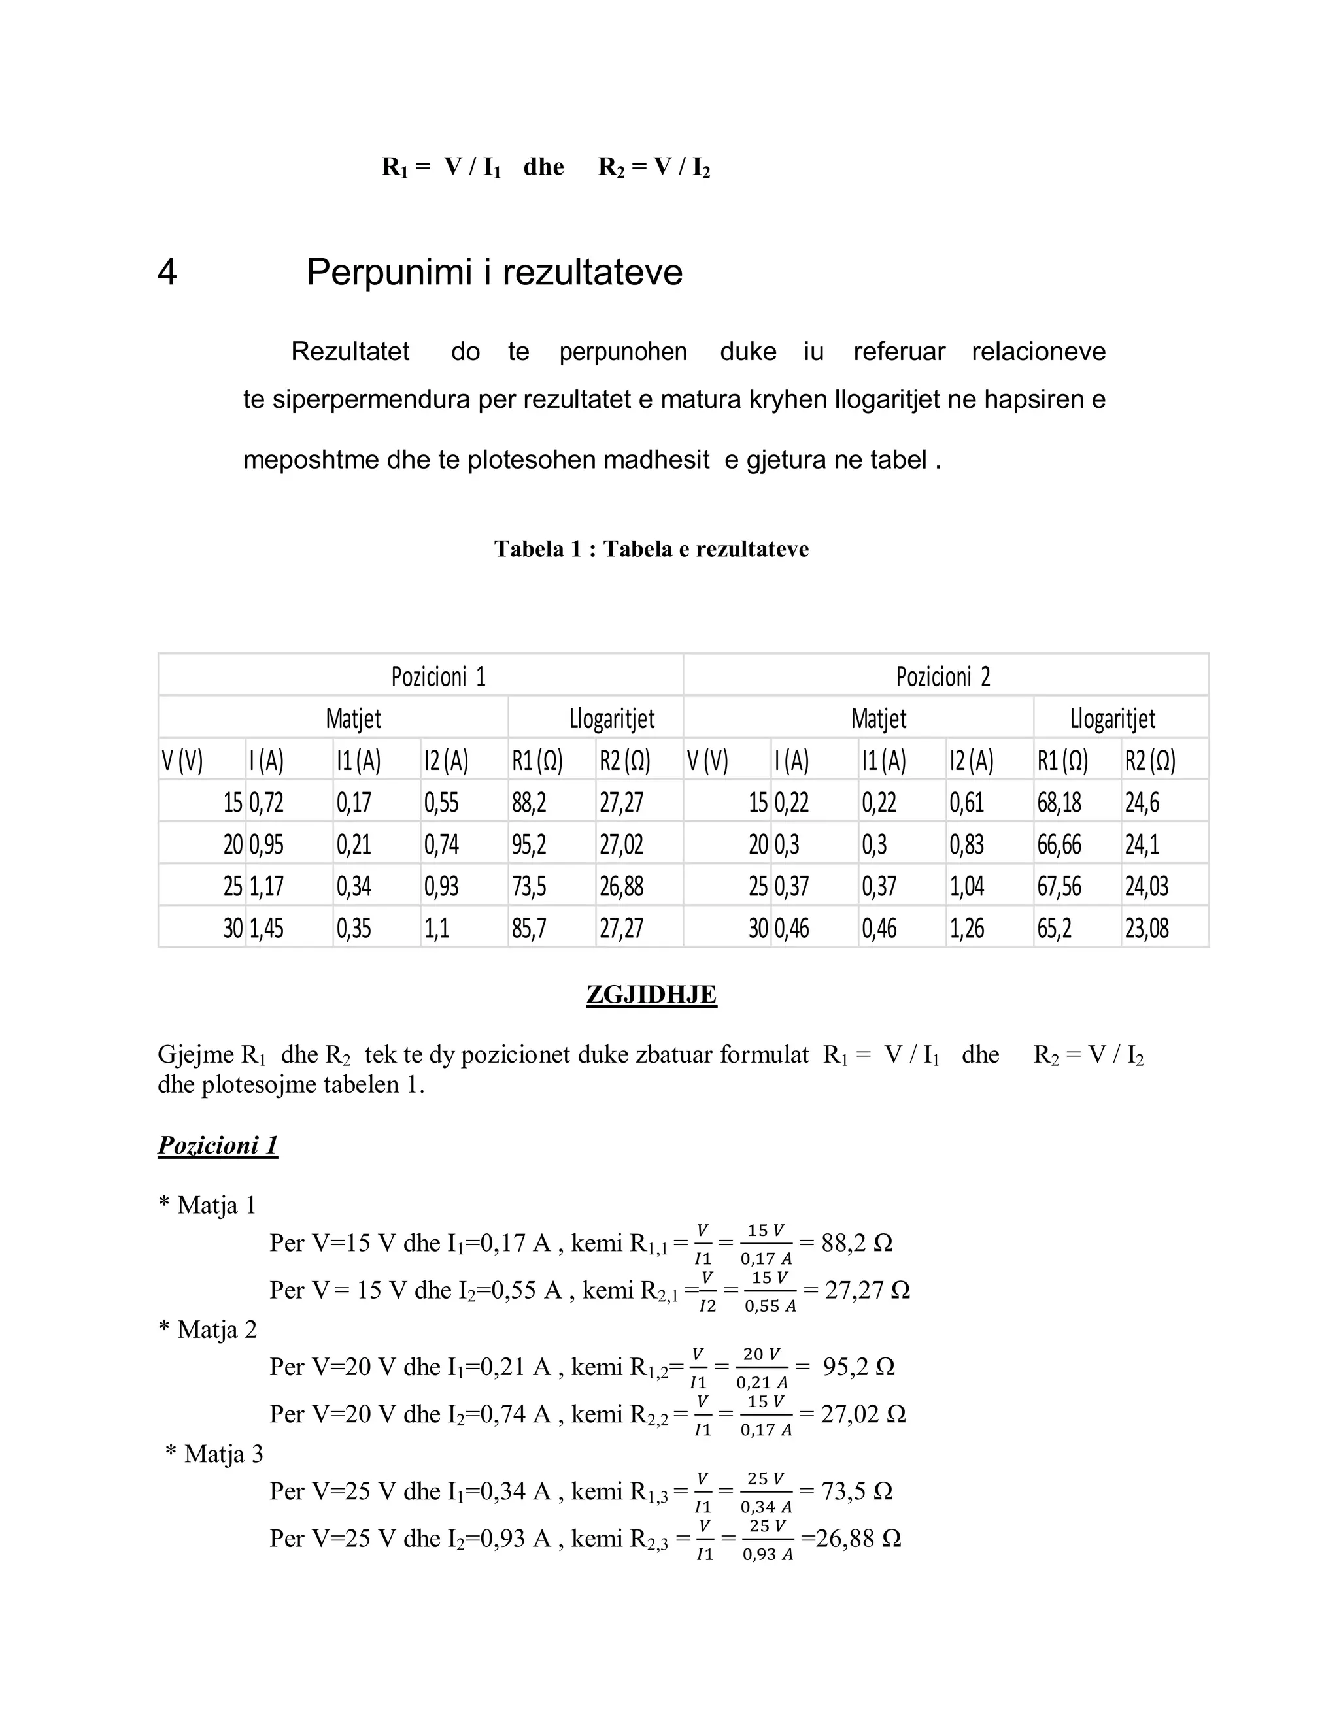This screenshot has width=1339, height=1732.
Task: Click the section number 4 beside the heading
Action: click(x=167, y=272)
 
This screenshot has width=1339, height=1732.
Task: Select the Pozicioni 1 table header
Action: click(x=438, y=676)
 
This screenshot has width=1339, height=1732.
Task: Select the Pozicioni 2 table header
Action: click(x=943, y=676)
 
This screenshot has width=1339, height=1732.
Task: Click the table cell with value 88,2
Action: click(x=529, y=803)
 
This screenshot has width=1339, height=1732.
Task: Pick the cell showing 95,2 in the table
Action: click(x=529, y=844)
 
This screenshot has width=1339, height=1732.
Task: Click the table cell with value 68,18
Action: click(x=1059, y=803)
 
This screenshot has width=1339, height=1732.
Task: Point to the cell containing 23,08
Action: click(x=1146, y=928)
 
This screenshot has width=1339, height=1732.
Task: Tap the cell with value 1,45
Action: click(x=267, y=928)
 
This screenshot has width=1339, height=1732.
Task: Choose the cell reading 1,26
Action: click(x=967, y=928)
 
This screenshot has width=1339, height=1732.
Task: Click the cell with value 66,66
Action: click(x=1059, y=844)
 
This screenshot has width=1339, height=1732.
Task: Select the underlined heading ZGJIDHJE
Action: click(x=651, y=995)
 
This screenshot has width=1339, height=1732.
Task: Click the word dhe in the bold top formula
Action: click(x=543, y=167)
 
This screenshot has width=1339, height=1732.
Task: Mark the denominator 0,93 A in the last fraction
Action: click(x=767, y=1555)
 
